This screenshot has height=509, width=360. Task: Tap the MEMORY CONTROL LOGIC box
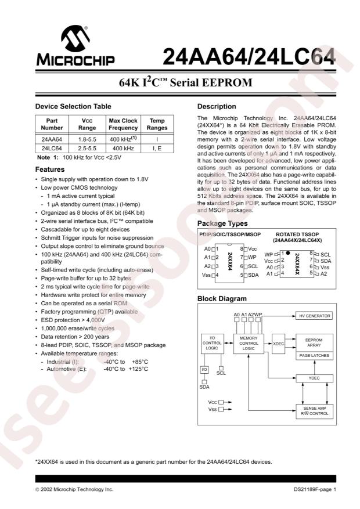(249, 344)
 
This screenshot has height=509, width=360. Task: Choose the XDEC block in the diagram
(279, 344)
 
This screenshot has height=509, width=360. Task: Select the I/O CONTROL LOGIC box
(213, 344)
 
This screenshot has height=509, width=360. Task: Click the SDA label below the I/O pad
(204, 387)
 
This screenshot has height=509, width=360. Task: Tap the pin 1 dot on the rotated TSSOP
(287, 253)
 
